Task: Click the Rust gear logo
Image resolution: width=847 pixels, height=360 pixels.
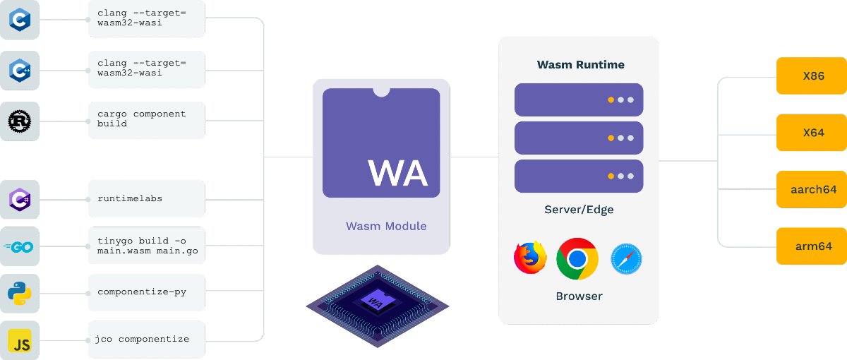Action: pyautogui.click(x=18, y=121)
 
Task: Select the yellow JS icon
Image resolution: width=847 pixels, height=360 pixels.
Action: pyautogui.click(x=18, y=340)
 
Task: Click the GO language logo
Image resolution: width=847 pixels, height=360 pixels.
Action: pyautogui.click(x=18, y=246)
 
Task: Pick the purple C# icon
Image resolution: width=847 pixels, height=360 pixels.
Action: pyautogui.click(x=18, y=199)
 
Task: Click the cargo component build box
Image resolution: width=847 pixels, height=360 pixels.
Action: pyautogui.click(x=147, y=119)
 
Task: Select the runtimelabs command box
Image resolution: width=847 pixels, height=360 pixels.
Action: pyautogui.click(x=147, y=198)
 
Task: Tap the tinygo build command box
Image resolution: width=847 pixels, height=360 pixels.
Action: pyautogui.click(x=147, y=246)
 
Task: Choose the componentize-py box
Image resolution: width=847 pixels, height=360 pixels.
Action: pyautogui.click(x=147, y=292)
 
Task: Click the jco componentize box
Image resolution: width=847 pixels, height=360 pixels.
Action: pyautogui.click(x=147, y=340)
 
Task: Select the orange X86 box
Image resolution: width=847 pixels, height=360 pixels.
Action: pyautogui.click(x=812, y=76)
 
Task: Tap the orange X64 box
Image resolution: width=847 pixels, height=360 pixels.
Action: pyautogui.click(x=812, y=133)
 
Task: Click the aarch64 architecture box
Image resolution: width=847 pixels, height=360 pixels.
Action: pyautogui.click(x=812, y=189)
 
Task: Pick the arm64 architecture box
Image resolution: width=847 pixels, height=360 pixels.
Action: pyautogui.click(x=812, y=246)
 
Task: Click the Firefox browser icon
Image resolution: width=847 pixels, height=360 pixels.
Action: pyautogui.click(x=531, y=258)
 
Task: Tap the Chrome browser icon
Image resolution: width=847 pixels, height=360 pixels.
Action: pyautogui.click(x=577, y=259)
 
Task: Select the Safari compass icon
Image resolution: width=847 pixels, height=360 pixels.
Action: pyautogui.click(x=626, y=259)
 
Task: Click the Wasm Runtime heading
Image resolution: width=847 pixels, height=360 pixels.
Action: pyautogui.click(x=580, y=65)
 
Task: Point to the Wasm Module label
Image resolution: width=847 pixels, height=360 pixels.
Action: pyautogui.click(x=386, y=227)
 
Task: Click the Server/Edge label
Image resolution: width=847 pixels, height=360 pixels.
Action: pyautogui.click(x=579, y=210)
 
